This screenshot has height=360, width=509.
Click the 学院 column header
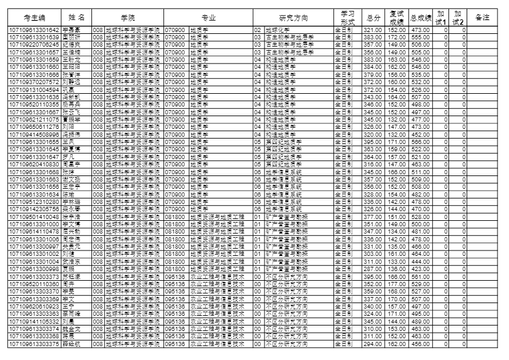(x=127, y=18)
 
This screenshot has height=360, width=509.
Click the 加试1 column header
(x=441, y=18)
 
